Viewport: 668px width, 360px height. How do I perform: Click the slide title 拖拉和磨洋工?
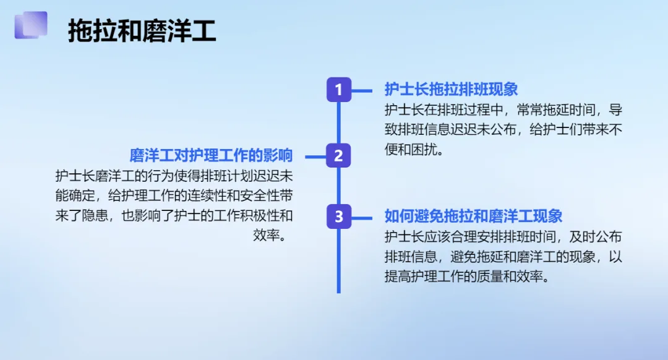[x=142, y=31]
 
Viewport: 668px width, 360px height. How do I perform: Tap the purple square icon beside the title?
[x=31, y=25]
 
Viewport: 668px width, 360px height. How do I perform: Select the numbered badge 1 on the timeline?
[x=338, y=90]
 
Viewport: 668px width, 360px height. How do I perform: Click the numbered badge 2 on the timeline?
[x=338, y=156]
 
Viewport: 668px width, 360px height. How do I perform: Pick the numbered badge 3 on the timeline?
[x=338, y=216]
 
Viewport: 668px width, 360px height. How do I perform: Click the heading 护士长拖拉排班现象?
[x=451, y=90]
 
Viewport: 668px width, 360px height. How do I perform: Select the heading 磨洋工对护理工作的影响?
[x=211, y=155]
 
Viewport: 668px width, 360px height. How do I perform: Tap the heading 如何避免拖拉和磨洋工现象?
[x=473, y=216]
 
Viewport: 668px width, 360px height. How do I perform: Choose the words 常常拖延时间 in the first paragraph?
[x=556, y=110]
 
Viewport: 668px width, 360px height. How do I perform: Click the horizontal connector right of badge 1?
[x=362, y=90]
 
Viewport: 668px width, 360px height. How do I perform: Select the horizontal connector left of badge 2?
[x=315, y=156]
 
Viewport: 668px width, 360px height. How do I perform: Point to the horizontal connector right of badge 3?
[x=362, y=216]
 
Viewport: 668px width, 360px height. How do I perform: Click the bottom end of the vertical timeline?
[x=339, y=291]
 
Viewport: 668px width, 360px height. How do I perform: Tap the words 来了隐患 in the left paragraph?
[x=84, y=216]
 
